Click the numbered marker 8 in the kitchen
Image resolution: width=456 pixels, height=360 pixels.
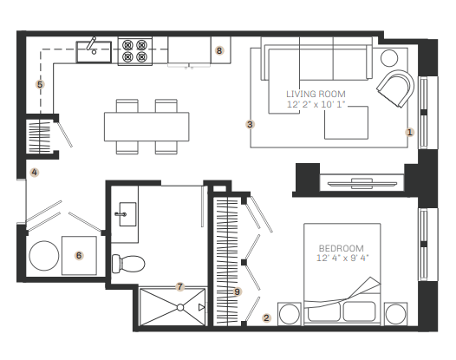coord(219,50)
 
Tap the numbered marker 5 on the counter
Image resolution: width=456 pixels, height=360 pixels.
coord(40,84)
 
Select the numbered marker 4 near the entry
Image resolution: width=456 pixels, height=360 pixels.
coord(35,173)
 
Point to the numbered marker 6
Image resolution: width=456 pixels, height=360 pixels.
coord(79,256)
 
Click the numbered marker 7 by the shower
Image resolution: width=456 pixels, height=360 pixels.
coord(180,286)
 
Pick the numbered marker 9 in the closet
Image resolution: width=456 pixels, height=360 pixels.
coord(237,291)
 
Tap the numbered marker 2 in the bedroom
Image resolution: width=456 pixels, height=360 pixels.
coord(266,317)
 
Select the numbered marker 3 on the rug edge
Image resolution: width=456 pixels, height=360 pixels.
coord(250,124)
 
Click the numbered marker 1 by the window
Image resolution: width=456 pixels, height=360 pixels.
coord(409,132)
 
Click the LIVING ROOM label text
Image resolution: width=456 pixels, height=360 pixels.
coord(316,94)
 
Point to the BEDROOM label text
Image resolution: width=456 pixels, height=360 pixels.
coord(341,248)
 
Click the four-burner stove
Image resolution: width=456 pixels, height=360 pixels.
coord(135,51)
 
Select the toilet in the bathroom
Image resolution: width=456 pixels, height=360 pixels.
coord(128,264)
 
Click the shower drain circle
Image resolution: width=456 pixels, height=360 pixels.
coord(180,307)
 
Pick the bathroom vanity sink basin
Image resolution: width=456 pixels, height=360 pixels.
coord(127,214)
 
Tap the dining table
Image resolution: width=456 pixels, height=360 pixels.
coord(147,127)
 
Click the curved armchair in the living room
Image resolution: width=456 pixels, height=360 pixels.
coord(395,88)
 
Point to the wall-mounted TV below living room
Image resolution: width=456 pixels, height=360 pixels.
coord(362,184)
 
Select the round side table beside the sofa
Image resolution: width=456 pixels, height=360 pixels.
coord(389,58)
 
